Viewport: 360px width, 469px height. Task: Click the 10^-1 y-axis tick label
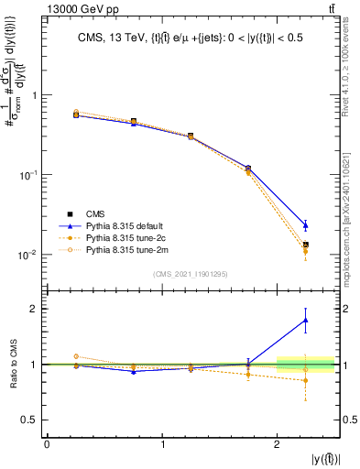(x=28, y=175)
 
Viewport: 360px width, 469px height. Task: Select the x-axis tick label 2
(x=278, y=443)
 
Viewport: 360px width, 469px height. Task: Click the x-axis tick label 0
(x=47, y=443)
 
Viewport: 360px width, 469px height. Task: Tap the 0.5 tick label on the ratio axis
(x=31, y=420)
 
